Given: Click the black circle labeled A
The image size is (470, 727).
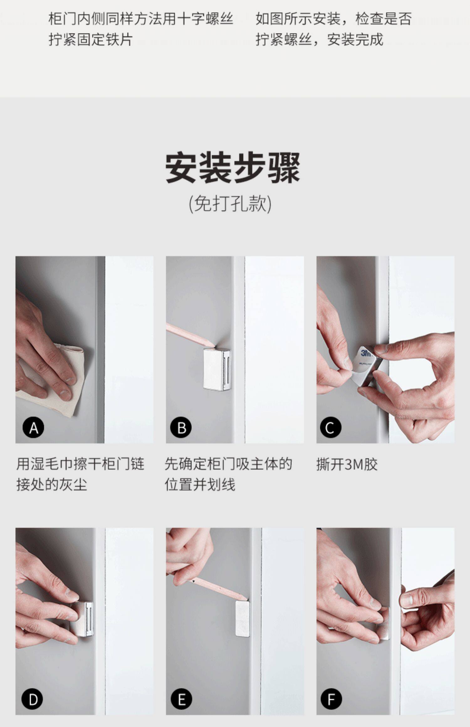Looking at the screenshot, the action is coord(33,427).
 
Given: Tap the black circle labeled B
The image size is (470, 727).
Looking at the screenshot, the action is coord(181,427).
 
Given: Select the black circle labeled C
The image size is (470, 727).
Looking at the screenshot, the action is coord(331,427).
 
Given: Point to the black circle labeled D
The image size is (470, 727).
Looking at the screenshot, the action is coord(32,699).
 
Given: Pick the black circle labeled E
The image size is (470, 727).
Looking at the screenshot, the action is coord(181,699).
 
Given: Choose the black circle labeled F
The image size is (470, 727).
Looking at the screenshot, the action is coord(331,699).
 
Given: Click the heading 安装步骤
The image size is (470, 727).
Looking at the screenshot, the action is coord(232,168).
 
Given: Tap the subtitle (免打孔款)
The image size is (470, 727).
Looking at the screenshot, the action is coord(230,204).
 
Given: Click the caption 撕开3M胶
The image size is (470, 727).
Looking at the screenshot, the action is coord(347,464).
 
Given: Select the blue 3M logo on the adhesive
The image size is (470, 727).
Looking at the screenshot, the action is coord(366,353).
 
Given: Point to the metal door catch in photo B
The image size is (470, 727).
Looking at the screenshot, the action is coord(217,369).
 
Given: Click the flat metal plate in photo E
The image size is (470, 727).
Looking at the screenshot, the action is coord(243,618).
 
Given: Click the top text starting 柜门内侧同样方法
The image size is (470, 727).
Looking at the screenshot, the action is coord(141,29).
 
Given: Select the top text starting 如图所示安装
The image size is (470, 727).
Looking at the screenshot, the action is coord(333,29).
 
